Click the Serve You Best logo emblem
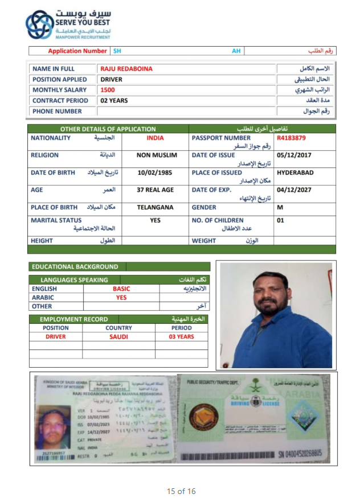39,24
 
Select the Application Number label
77,51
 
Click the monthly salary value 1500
107,90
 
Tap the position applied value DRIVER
111,80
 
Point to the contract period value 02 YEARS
114,101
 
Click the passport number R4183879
291,138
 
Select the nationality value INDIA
155,138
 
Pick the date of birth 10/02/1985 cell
155,172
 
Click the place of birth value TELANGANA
155,207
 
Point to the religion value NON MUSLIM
157,155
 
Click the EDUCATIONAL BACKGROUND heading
75,266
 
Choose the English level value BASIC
121,289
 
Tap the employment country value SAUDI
118,336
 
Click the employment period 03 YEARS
181,336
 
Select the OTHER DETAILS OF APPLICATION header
108,129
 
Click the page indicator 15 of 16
181,491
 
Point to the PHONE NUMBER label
57,112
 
